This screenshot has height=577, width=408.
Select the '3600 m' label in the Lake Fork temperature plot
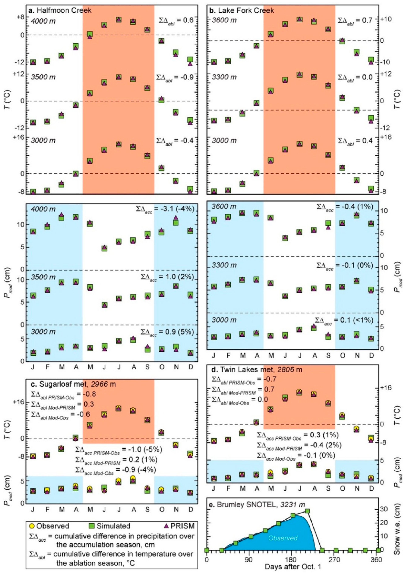224,20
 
